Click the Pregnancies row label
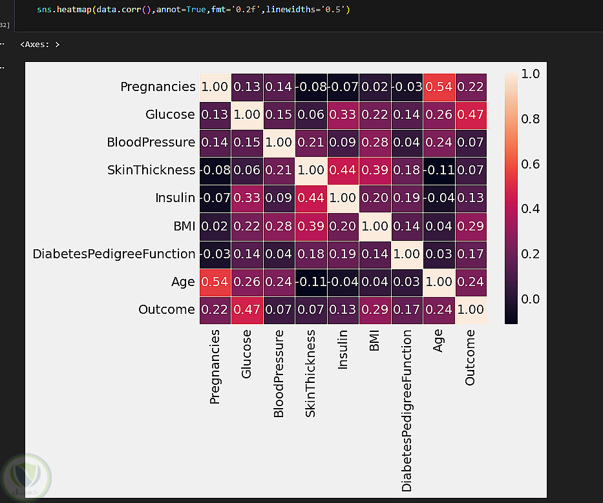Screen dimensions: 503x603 point(158,87)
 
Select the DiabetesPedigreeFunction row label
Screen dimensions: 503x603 point(114,254)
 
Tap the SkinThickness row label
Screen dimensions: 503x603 point(151,170)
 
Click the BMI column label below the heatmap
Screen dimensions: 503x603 point(374,340)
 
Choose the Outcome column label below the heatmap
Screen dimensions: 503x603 point(470,358)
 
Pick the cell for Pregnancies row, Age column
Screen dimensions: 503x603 point(438,87)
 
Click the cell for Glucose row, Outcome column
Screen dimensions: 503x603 point(470,114)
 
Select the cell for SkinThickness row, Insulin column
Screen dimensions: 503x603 point(343,170)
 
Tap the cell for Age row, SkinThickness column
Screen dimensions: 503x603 point(311,282)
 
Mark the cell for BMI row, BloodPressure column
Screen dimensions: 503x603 point(279,226)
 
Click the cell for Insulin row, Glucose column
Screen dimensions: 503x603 point(247,198)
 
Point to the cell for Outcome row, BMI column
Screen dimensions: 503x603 point(374,309)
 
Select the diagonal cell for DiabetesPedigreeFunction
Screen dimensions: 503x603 point(407,254)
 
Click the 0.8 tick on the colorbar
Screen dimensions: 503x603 point(531,119)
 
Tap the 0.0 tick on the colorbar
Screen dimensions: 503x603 point(531,299)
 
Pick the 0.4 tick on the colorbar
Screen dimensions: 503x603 point(531,209)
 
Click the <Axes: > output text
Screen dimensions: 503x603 point(40,45)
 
